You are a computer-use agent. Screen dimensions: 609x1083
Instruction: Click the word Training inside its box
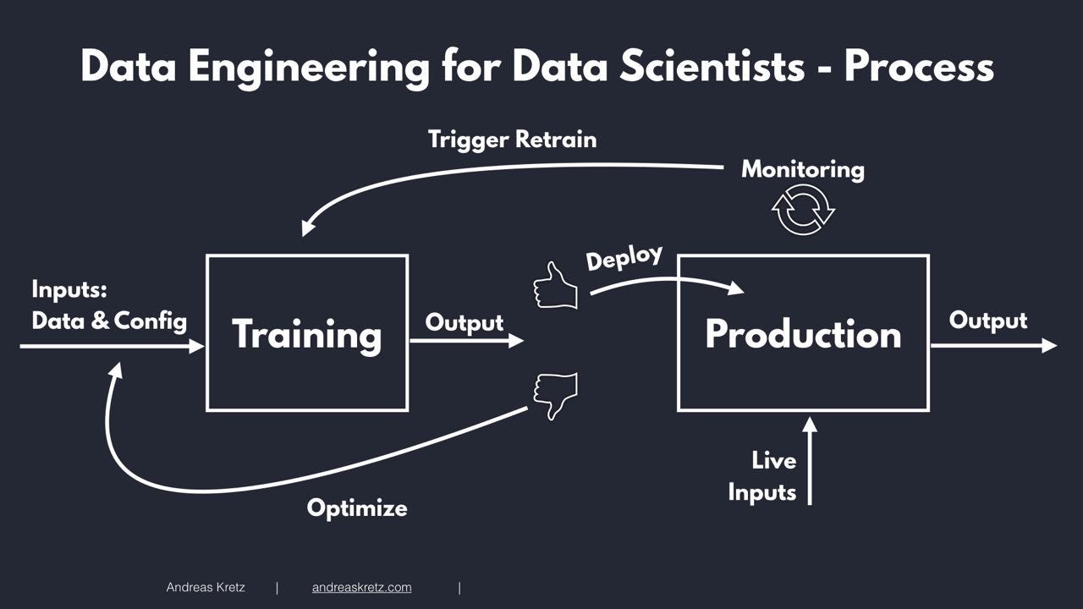(307, 334)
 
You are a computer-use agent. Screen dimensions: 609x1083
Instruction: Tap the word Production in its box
(803, 334)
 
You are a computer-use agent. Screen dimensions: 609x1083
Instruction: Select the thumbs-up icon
(555, 286)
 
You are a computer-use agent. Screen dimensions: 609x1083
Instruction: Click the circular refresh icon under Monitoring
(803, 210)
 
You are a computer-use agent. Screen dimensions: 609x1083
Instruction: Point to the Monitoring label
(803, 169)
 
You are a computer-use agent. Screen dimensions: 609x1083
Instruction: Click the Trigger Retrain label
(512, 139)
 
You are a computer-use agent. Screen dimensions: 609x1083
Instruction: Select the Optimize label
(357, 507)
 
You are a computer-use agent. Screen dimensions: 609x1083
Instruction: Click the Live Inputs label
(763, 476)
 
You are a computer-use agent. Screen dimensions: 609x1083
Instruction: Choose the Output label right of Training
(464, 322)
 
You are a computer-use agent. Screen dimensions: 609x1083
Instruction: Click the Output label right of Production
(987, 321)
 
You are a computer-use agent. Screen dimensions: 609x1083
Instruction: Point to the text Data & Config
(109, 321)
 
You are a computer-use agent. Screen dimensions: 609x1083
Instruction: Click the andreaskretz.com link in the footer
(361, 587)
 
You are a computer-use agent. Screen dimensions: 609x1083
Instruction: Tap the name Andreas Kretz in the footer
(206, 587)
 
